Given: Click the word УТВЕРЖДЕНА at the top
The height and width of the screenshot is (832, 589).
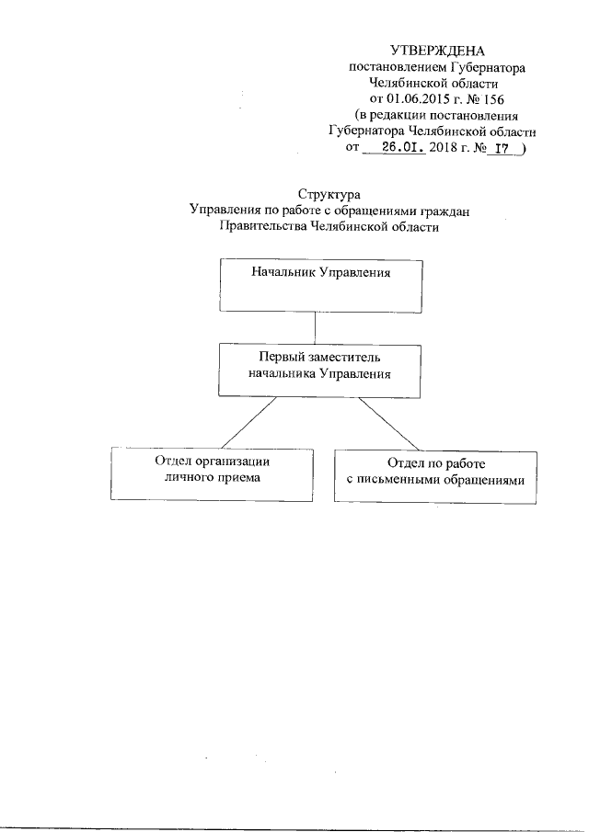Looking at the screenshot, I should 437,51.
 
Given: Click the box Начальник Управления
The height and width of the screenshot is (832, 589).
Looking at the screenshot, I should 320,285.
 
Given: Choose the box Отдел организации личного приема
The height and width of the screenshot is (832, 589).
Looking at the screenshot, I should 210,473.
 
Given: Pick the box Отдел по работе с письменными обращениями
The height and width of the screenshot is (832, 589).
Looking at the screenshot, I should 435,475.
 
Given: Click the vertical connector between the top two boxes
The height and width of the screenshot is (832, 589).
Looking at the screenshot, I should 316,327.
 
